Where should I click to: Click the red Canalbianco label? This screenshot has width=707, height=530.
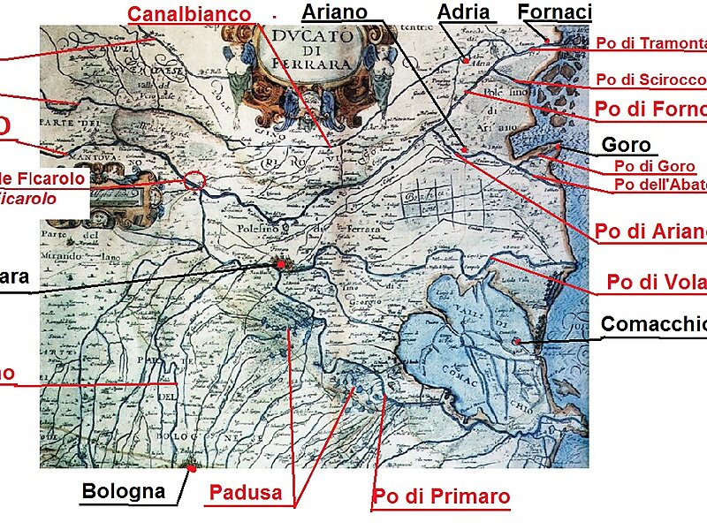coord(189,14)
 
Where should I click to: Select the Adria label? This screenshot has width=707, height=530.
coord(464,12)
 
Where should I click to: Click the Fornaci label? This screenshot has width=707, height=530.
coord(554,12)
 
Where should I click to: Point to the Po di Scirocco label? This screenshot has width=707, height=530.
coord(650,79)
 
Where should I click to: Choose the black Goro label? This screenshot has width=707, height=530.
coord(626,146)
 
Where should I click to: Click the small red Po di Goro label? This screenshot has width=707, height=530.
coord(655,166)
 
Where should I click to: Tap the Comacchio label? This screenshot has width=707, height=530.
coord(654,324)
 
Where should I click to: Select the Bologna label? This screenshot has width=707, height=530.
coord(124,491)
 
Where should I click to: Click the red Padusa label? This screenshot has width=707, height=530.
coord(246,493)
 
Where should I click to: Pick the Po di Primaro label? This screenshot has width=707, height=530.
coord(441,496)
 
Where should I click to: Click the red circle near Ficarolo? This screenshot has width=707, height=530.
coord(196,181)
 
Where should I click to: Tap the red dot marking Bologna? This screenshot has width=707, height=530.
coord(189,470)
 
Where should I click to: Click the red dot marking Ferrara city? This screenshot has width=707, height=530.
coord(280,264)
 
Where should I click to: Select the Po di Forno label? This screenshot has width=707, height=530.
coord(652,110)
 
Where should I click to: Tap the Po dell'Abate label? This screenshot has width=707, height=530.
coord(660,185)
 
